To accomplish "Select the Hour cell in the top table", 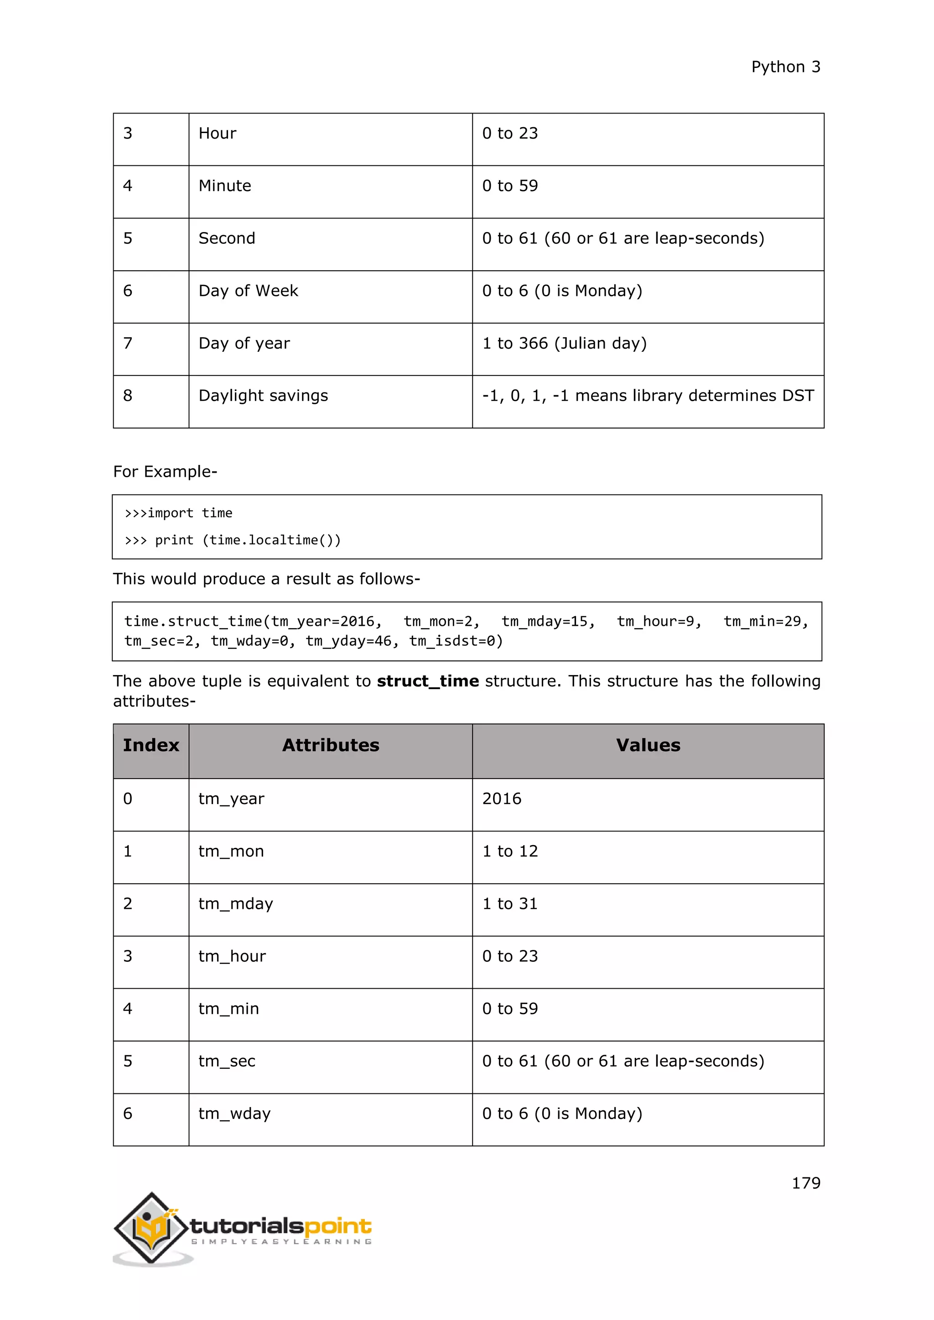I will (x=218, y=134).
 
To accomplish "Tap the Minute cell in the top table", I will (x=225, y=186).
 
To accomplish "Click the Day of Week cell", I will (x=248, y=291).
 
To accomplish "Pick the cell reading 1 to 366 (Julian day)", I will (x=564, y=343).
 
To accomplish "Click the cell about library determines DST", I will (x=648, y=396).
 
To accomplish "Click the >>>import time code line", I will (x=178, y=513).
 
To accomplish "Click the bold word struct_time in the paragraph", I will (x=427, y=681).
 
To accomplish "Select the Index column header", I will (x=150, y=745).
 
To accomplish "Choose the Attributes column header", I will (x=331, y=745).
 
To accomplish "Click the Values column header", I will (x=648, y=745).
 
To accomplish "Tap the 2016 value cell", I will (x=502, y=799).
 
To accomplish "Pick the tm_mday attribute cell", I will (x=235, y=904).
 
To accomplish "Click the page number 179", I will (x=805, y=1183).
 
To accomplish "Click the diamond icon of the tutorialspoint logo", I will (x=151, y=1228).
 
